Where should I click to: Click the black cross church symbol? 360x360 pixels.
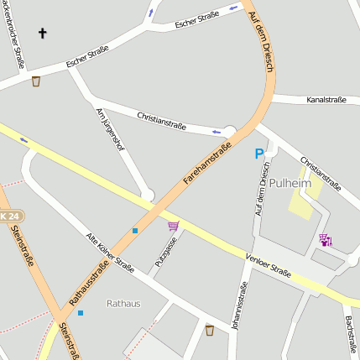(43, 34)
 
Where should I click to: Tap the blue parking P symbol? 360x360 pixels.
(259, 154)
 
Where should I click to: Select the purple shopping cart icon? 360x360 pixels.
(173, 226)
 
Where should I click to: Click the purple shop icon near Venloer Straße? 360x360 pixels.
(326, 240)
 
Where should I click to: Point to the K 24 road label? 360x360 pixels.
(9, 216)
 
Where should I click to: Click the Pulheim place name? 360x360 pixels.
(290, 182)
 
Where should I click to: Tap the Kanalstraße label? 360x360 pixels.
(327, 100)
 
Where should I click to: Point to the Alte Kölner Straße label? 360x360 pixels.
(111, 253)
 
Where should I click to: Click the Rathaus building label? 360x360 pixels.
(123, 303)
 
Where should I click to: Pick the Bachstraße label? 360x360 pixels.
(348, 335)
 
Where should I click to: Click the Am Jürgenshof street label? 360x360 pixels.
(110, 131)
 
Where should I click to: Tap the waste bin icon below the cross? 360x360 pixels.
(36, 81)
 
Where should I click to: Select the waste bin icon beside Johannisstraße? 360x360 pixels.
(209, 329)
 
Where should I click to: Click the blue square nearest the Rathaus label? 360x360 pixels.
(81, 313)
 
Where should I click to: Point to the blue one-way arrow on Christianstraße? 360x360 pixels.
(217, 131)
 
